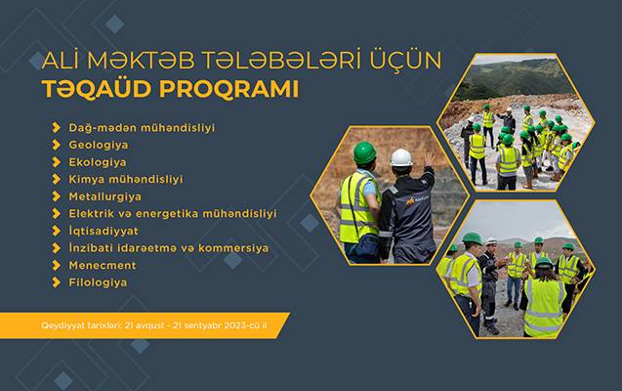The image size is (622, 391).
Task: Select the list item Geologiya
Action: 98,145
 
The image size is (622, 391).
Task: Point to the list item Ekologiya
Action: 98,162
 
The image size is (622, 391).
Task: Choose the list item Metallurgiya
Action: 104,196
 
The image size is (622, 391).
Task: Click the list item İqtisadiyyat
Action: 104,231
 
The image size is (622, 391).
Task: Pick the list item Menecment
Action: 103,265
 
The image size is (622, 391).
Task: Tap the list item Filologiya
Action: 98,282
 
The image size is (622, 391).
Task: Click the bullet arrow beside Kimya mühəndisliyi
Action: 57,179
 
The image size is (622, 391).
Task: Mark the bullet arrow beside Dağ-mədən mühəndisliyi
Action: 57,127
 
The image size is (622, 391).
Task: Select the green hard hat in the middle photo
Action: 364,152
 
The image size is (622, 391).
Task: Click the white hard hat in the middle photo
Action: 401,157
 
